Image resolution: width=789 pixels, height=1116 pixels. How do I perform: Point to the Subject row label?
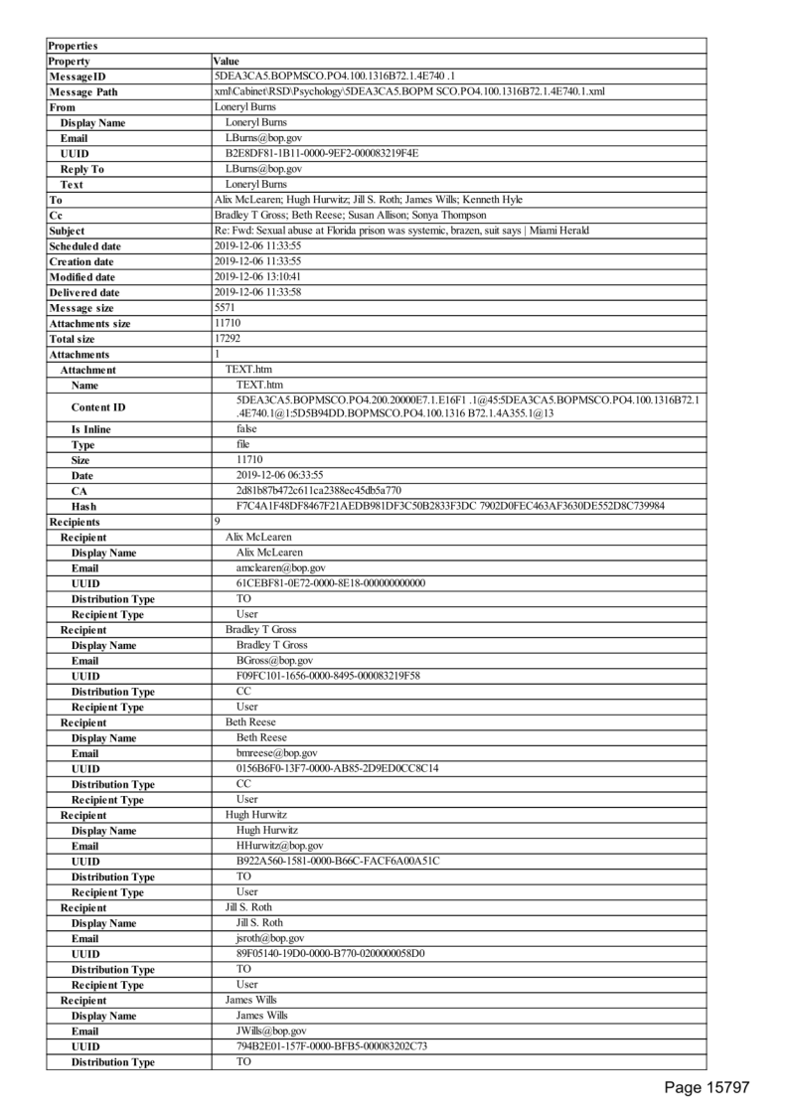coord(69,231)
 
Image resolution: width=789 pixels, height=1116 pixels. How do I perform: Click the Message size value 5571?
coord(226,307)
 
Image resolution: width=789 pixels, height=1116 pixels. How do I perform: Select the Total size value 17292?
coord(228,338)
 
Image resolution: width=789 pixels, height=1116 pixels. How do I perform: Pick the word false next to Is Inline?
coord(246,428)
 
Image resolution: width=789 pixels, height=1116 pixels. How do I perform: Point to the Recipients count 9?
coord(218,521)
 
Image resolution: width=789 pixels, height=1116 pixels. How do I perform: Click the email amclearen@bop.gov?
coord(273,567)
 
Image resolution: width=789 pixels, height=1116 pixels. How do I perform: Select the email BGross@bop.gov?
coord(274,660)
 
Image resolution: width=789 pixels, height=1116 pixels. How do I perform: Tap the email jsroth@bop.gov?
coord(270,937)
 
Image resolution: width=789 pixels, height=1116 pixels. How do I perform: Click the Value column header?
coord(227,62)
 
